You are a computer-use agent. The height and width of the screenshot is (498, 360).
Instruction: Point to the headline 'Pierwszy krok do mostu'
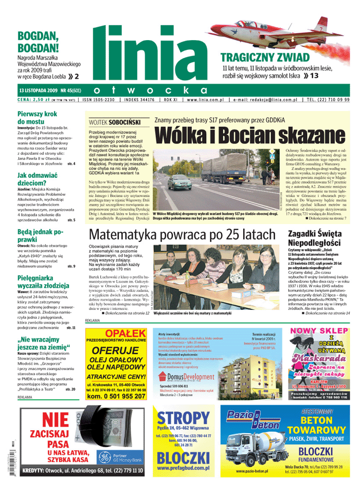[37, 118]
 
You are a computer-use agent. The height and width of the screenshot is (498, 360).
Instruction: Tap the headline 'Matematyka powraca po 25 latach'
[182, 235]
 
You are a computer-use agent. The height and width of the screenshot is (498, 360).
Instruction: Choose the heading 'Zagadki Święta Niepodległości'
[314, 238]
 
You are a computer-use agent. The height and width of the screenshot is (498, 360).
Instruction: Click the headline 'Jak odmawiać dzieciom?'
[37, 179]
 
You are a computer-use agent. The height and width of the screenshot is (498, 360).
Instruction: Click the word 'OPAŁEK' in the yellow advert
[117, 334]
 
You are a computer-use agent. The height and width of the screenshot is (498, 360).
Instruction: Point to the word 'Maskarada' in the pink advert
[317, 357]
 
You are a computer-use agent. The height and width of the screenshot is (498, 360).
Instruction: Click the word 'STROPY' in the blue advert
[183, 419]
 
